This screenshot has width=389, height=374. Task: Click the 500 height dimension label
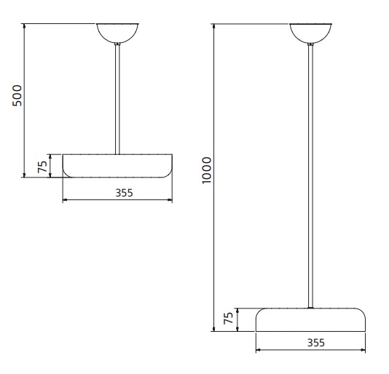(x=17, y=95)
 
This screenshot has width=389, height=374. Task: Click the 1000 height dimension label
(x=206, y=170)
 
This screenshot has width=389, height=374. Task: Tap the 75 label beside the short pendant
(x=42, y=167)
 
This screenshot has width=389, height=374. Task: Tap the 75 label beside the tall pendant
(x=229, y=318)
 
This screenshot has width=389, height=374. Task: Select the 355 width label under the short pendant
(x=124, y=193)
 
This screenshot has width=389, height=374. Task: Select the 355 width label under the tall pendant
(x=316, y=343)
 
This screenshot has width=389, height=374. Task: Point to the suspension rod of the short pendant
(x=117, y=99)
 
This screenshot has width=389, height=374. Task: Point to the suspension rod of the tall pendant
(x=310, y=176)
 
